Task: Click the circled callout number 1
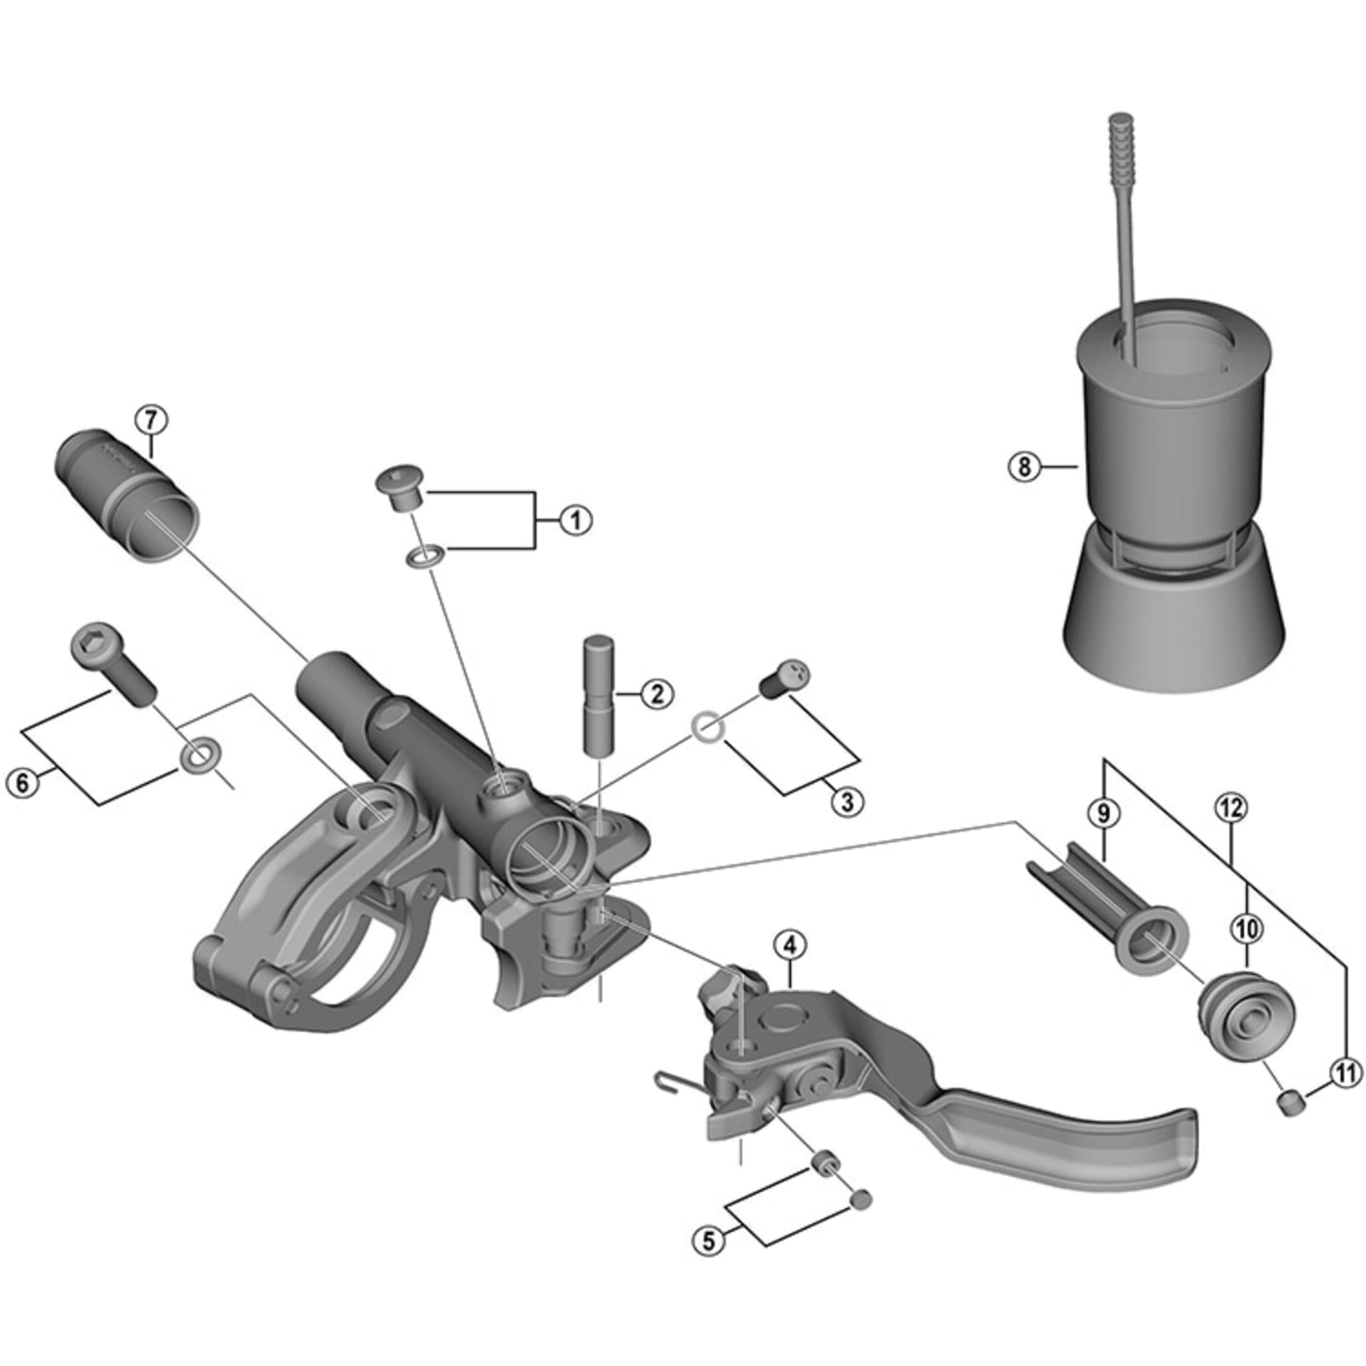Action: [x=575, y=521]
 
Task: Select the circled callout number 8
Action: [x=1024, y=466]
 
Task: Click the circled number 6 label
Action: [x=23, y=782]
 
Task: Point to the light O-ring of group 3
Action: [x=706, y=728]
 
